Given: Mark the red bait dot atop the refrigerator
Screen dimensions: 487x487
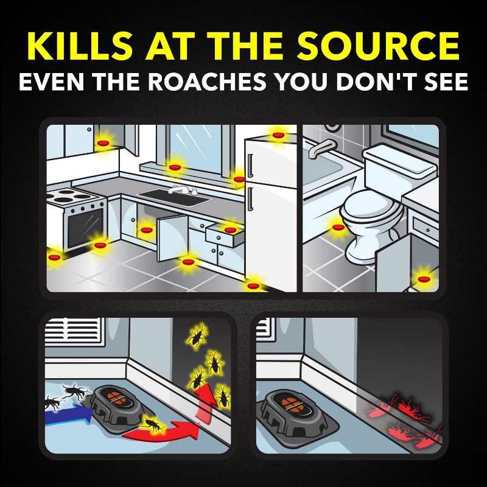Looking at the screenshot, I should click(x=278, y=135).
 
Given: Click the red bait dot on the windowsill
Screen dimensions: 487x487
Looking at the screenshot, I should click(x=175, y=167).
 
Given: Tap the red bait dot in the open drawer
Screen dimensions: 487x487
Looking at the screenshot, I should click(x=230, y=229).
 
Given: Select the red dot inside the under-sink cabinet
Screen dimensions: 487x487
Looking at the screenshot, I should click(x=146, y=230).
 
